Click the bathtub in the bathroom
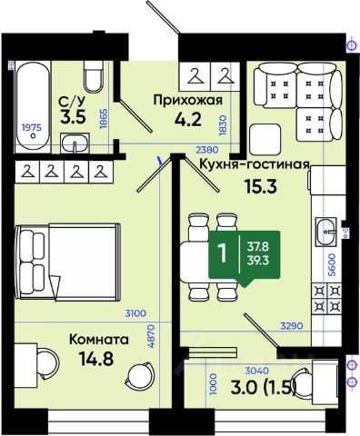click(33, 105)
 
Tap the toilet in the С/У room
click(94, 76)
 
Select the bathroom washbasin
click(75, 144)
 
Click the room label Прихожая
click(188, 100)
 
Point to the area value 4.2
click(188, 119)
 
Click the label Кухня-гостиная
click(254, 164)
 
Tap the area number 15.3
click(261, 187)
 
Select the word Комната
click(99, 340)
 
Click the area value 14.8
click(95, 359)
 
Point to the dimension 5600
click(333, 264)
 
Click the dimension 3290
click(292, 326)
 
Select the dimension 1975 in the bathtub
click(32, 128)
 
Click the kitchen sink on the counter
click(325, 232)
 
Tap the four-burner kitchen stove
click(327, 299)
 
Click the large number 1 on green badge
click(223, 253)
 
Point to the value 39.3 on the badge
click(258, 261)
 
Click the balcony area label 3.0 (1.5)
click(263, 388)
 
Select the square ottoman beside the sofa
click(265, 140)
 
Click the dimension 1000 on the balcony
click(214, 384)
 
